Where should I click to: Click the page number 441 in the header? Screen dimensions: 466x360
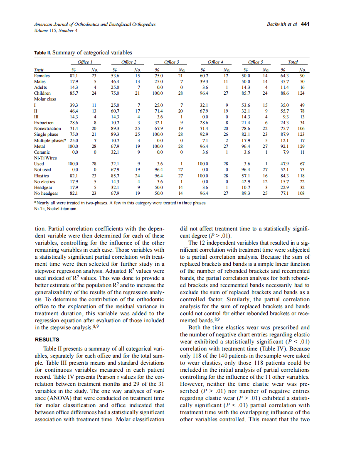[305, 24]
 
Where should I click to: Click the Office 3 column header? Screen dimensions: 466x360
[172, 62]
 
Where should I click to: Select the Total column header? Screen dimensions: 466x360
[293, 62]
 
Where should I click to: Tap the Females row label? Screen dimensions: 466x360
[42, 76]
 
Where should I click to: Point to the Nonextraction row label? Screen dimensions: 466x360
[46, 129]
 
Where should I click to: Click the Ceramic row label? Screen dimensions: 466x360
[42, 152]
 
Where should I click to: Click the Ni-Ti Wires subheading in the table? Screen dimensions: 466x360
[45, 158]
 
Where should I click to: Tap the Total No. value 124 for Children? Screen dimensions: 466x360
[302, 93]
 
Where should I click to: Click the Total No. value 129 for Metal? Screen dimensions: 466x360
[302, 147]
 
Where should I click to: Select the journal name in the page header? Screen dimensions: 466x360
[95, 25]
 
